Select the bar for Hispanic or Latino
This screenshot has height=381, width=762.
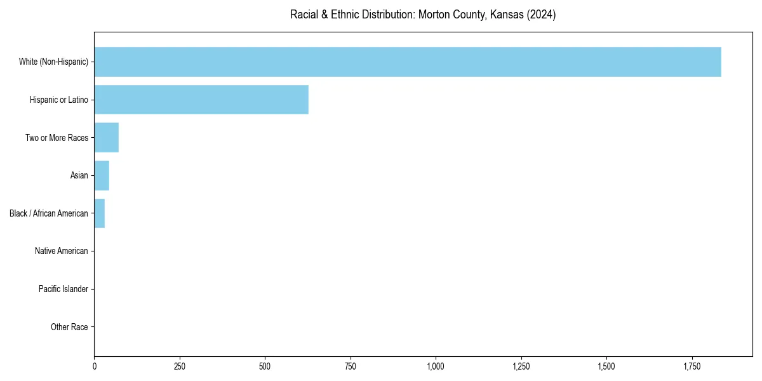[201, 100]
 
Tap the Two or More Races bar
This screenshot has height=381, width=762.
[107, 138]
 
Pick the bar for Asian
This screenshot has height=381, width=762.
[102, 175]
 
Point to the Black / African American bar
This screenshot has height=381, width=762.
[100, 213]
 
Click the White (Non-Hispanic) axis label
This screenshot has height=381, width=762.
[53, 62]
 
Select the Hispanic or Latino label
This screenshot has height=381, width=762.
[59, 100]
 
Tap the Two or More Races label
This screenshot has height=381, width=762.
[57, 138]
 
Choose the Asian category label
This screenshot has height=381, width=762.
[79, 175]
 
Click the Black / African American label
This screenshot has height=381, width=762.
[49, 213]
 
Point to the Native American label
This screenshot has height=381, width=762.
[62, 251]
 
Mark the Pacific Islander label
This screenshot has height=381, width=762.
[63, 289]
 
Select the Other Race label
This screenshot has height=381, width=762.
[69, 327]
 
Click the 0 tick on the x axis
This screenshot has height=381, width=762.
[95, 366]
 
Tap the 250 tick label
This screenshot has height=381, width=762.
[180, 366]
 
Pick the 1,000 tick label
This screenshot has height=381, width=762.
[436, 366]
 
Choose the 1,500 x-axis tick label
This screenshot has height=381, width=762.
[606, 366]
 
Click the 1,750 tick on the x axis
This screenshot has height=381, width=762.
[692, 366]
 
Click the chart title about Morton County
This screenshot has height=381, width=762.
[423, 15]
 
